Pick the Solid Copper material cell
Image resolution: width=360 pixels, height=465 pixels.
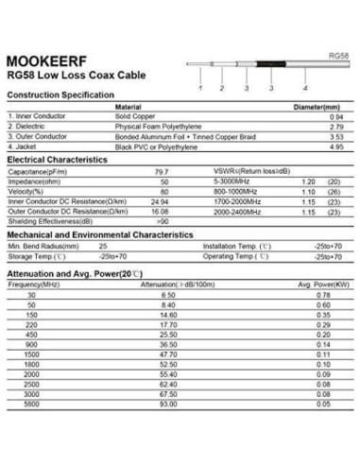(x=135, y=116)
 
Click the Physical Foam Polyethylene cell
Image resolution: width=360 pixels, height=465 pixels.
(x=158, y=127)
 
